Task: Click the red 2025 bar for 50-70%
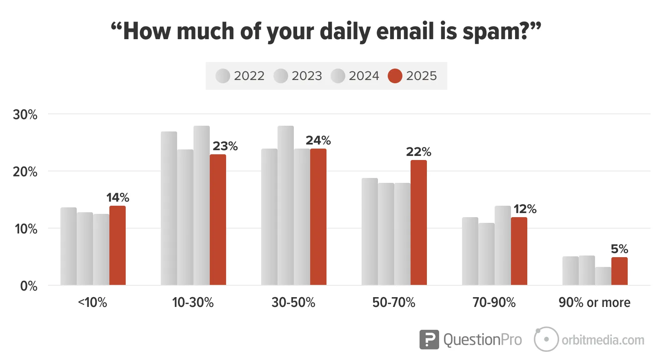[418, 222]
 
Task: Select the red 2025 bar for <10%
[117, 245]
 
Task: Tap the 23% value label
[225, 146]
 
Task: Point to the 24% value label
[318, 140]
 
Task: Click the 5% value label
[619, 249]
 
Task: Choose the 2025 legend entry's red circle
[395, 76]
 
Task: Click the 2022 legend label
[249, 76]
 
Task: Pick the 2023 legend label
[307, 76]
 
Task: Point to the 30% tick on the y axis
[25, 115]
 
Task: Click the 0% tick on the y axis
[29, 286]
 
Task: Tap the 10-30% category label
[193, 302]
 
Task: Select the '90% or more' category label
[594, 302]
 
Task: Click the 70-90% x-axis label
[494, 302]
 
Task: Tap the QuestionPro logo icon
[429, 340]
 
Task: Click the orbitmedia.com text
[603, 340]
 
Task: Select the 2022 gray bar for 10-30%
[169, 208]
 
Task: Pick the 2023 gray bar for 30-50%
[285, 205]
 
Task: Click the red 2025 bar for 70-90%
[519, 251]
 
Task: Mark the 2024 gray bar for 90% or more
[603, 276]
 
